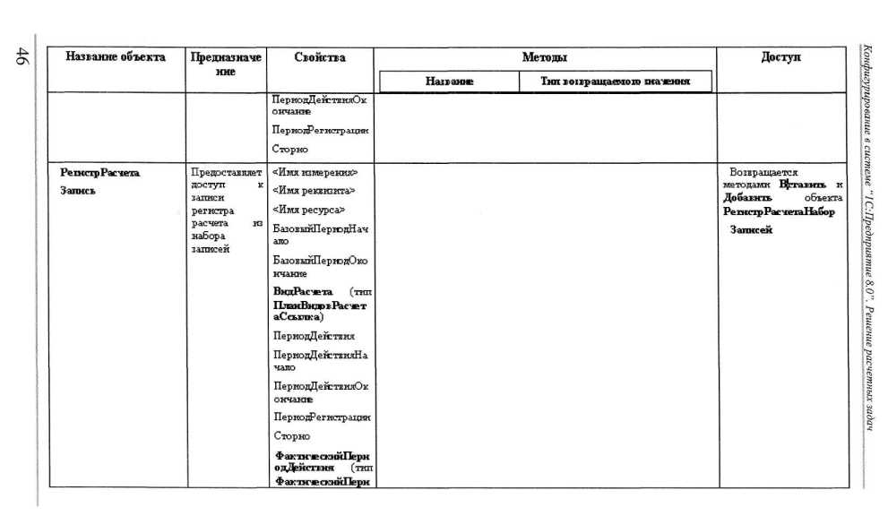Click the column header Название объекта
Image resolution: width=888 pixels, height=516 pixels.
[116, 57]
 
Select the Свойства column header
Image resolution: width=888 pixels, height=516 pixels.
[320, 57]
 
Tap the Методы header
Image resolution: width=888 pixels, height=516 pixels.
[545, 57]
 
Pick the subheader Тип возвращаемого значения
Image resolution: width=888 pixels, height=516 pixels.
[615, 82]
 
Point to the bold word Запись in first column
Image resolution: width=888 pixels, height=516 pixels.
[78, 191]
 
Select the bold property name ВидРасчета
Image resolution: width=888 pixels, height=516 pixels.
[303, 292]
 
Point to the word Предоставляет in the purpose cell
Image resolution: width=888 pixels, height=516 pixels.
[227, 171]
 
